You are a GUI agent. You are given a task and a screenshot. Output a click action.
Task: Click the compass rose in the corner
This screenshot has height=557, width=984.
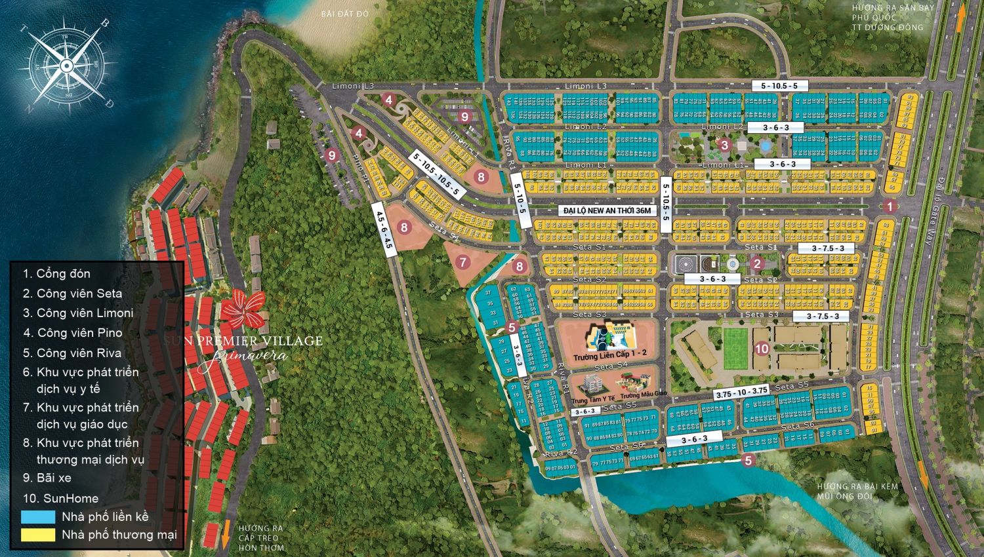point(66,64)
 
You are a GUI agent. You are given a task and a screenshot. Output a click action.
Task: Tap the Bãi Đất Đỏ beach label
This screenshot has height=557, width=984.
point(342,14)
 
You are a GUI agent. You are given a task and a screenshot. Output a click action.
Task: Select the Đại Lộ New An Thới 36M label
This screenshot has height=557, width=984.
point(607,210)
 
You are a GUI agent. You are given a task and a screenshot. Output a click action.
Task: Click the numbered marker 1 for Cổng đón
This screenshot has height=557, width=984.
point(890,206)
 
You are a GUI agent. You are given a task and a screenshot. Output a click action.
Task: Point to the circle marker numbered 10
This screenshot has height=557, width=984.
point(761,349)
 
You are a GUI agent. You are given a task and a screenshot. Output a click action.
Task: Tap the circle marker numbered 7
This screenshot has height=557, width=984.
point(464,262)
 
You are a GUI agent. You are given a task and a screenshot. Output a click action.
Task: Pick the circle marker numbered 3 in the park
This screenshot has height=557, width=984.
point(724,145)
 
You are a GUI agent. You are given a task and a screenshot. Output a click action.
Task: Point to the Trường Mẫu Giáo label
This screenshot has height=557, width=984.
point(644,395)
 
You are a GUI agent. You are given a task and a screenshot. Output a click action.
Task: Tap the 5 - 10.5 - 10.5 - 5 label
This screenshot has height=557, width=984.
point(437,174)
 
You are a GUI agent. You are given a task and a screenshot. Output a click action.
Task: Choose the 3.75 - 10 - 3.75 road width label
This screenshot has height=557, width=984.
point(741,392)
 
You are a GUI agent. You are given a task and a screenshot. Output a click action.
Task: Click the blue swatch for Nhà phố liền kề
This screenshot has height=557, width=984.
point(38,517)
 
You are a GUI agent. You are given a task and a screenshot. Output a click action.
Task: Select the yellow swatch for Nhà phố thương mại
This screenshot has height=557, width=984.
point(38,535)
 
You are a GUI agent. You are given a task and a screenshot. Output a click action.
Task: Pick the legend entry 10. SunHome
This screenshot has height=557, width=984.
point(61,498)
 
